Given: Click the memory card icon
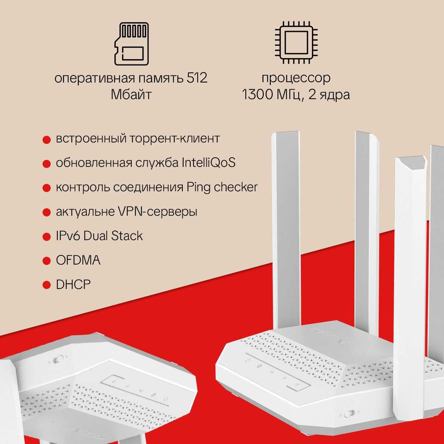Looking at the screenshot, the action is pos(132,44).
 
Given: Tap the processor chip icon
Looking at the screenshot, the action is pos(296,43).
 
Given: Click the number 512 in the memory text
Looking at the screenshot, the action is pos(197,78).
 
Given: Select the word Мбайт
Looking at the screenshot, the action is pos(131,94).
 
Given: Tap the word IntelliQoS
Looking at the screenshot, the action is pos(209,162).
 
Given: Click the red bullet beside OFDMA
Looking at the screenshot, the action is pos(47,261).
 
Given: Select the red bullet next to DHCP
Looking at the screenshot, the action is pos(47,285).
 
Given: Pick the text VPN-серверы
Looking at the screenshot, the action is pos(158,212).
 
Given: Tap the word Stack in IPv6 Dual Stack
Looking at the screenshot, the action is pos(127,236).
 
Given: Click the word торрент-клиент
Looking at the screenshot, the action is pos(175,138).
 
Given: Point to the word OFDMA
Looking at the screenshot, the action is pos(78,260).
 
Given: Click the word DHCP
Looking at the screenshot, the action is pos(73,285).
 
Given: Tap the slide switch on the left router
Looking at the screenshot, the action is pos(58,360).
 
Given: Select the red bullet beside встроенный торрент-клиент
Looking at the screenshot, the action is pos(47,140).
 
